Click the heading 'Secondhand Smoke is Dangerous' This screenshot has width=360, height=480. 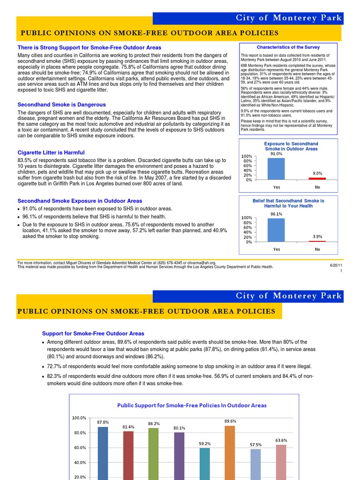(x=61, y=105)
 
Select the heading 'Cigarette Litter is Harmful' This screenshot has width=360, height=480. (x=51, y=152)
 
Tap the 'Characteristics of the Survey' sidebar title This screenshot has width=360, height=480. (x=288, y=47)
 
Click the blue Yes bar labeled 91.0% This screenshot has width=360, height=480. (x=276, y=169)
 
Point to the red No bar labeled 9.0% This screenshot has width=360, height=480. (x=317, y=179)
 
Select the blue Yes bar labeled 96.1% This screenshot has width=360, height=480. (x=276, y=230)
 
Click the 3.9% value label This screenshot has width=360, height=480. (x=317, y=237)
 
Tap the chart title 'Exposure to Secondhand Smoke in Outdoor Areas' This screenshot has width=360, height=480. (x=291, y=146)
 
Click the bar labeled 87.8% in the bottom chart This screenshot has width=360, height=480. (x=103, y=452)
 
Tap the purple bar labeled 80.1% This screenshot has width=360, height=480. (x=179, y=455)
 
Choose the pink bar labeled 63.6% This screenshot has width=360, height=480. (x=281, y=461)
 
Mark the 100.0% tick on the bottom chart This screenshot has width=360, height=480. (x=79, y=418)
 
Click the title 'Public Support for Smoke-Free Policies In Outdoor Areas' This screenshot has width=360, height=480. (x=192, y=405)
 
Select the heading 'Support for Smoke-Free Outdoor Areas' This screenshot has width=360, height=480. (x=93, y=333)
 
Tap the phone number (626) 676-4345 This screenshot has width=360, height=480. (x=171, y=263)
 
